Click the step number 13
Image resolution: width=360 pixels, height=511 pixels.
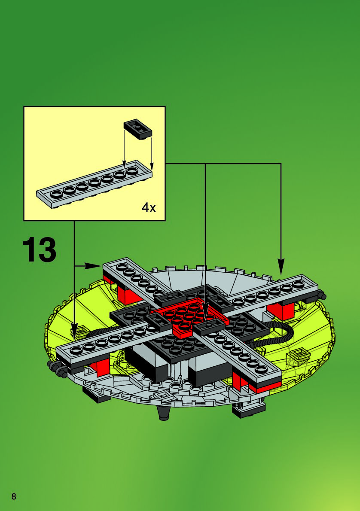[x=39, y=249]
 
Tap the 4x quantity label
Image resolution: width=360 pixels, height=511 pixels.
[x=149, y=208]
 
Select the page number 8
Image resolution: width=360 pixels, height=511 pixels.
[x=14, y=497]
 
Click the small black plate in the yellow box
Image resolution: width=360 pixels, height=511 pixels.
[x=138, y=128]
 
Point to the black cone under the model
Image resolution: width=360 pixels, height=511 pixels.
[x=163, y=413]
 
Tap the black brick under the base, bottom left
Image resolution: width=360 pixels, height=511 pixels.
[x=97, y=395]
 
